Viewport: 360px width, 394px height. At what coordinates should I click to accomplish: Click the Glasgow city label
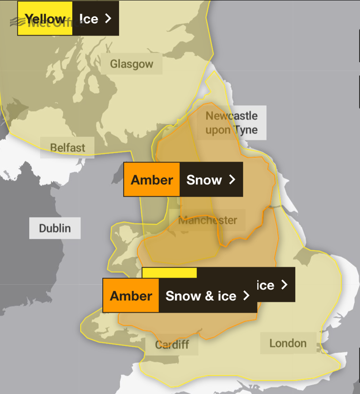tap(131, 64)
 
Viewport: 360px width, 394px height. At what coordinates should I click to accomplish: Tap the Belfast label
tap(67, 148)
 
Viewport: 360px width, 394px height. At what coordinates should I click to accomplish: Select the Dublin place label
tap(55, 228)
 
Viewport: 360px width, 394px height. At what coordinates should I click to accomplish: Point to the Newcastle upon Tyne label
tap(232, 123)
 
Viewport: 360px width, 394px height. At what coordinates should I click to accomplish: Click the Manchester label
tap(208, 220)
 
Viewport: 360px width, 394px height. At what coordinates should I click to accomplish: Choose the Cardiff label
tap(172, 345)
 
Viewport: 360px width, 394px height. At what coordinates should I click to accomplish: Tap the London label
tap(288, 343)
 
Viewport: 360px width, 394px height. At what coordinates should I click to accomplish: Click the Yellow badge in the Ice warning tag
tap(45, 19)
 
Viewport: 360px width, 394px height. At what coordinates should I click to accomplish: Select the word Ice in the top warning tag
tap(89, 19)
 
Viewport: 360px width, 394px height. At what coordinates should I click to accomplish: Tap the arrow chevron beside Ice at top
tap(108, 18)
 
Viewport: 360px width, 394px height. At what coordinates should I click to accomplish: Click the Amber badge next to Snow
tap(152, 180)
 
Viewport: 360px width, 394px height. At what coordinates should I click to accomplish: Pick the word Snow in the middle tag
tap(204, 180)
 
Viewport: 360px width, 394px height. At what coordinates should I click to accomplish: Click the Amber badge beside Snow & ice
tap(131, 296)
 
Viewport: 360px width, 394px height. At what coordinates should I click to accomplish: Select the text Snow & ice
tap(201, 296)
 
